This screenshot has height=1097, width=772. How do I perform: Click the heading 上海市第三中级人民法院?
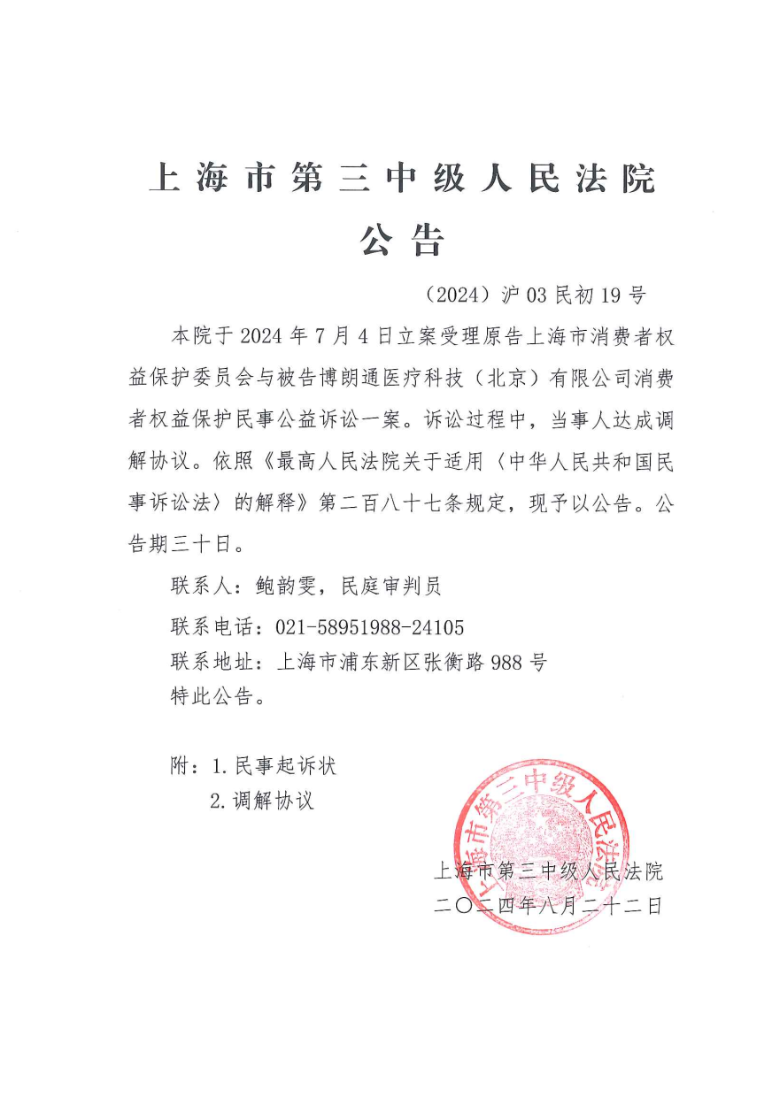(x=401, y=179)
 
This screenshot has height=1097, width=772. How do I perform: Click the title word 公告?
(x=401, y=240)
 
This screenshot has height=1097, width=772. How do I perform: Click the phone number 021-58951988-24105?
(x=369, y=628)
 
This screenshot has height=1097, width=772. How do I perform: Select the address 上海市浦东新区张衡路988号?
(x=412, y=662)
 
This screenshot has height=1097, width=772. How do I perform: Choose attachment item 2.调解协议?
(x=262, y=802)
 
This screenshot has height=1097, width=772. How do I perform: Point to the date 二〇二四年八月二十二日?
(x=549, y=906)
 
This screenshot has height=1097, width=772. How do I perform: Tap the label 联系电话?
(x=212, y=628)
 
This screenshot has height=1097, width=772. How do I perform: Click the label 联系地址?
(x=212, y=662)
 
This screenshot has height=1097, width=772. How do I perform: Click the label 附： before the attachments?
(x=183, y=765)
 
